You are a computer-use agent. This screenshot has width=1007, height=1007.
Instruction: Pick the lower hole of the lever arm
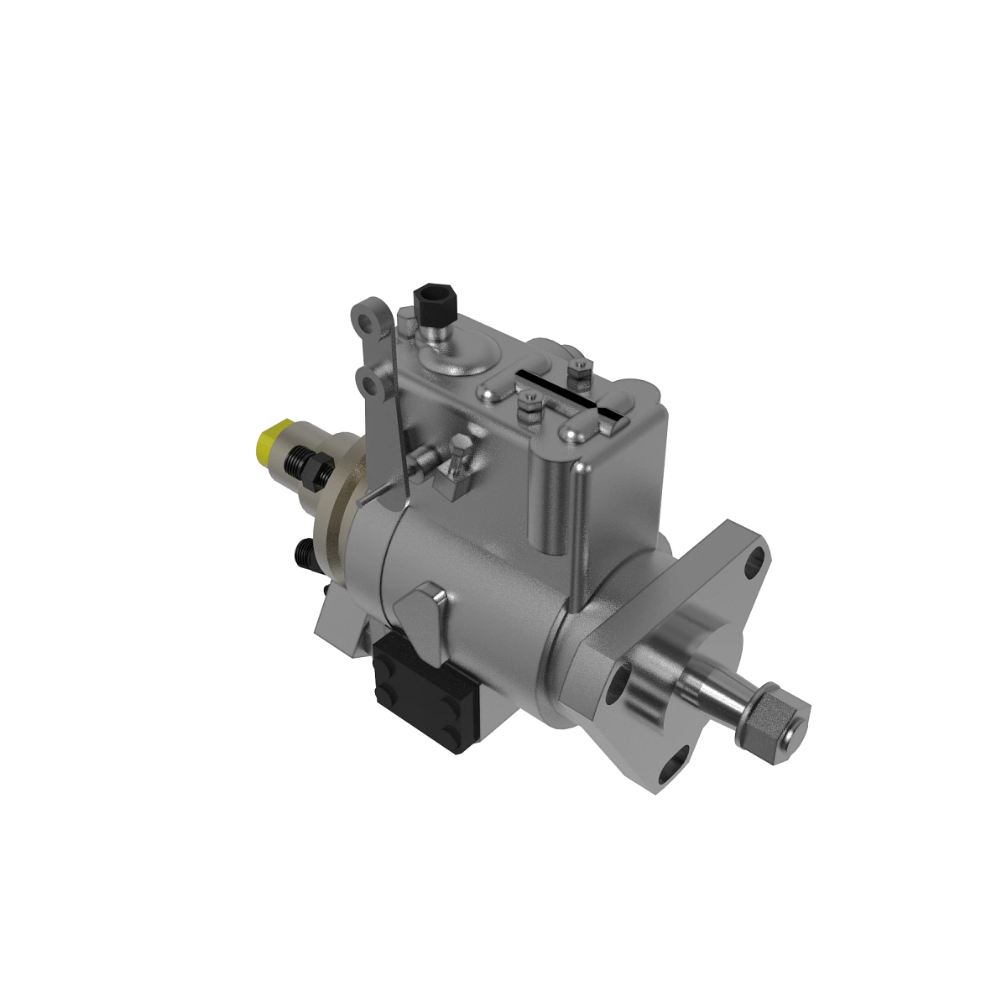click(369, 383)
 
